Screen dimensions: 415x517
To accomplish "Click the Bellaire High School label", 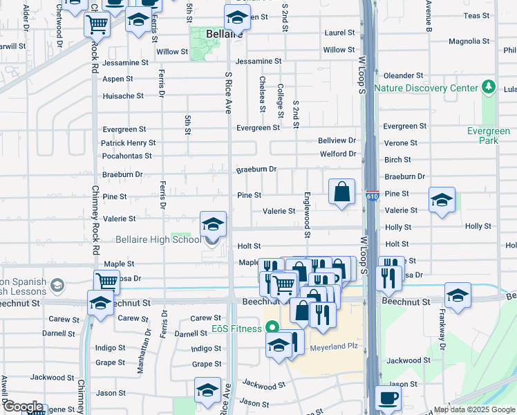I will (x=162, y=239).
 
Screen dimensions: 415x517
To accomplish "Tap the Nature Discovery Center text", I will (x=426, y=88).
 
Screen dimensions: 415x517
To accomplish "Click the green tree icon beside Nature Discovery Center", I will (x=489, y=87).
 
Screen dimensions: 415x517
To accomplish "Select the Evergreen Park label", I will (x=493, y=135).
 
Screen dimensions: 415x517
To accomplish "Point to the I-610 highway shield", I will (x=372, y=196).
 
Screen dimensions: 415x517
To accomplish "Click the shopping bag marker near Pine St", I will (x=342, y=193).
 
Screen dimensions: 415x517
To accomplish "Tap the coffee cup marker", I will (x=388, y=398).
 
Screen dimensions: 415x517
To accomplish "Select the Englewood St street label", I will (x=308, y=215).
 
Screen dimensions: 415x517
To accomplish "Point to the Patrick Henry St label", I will (x=128, y=143).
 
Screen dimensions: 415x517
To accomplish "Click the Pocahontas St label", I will (x=126, y=156).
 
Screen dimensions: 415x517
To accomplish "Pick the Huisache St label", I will (x=123, y=96).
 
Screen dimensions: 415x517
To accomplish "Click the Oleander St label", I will (x=404, y=75).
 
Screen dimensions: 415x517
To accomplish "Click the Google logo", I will (x=22, y=407).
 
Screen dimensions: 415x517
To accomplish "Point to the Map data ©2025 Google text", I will (x=474, y=409).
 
